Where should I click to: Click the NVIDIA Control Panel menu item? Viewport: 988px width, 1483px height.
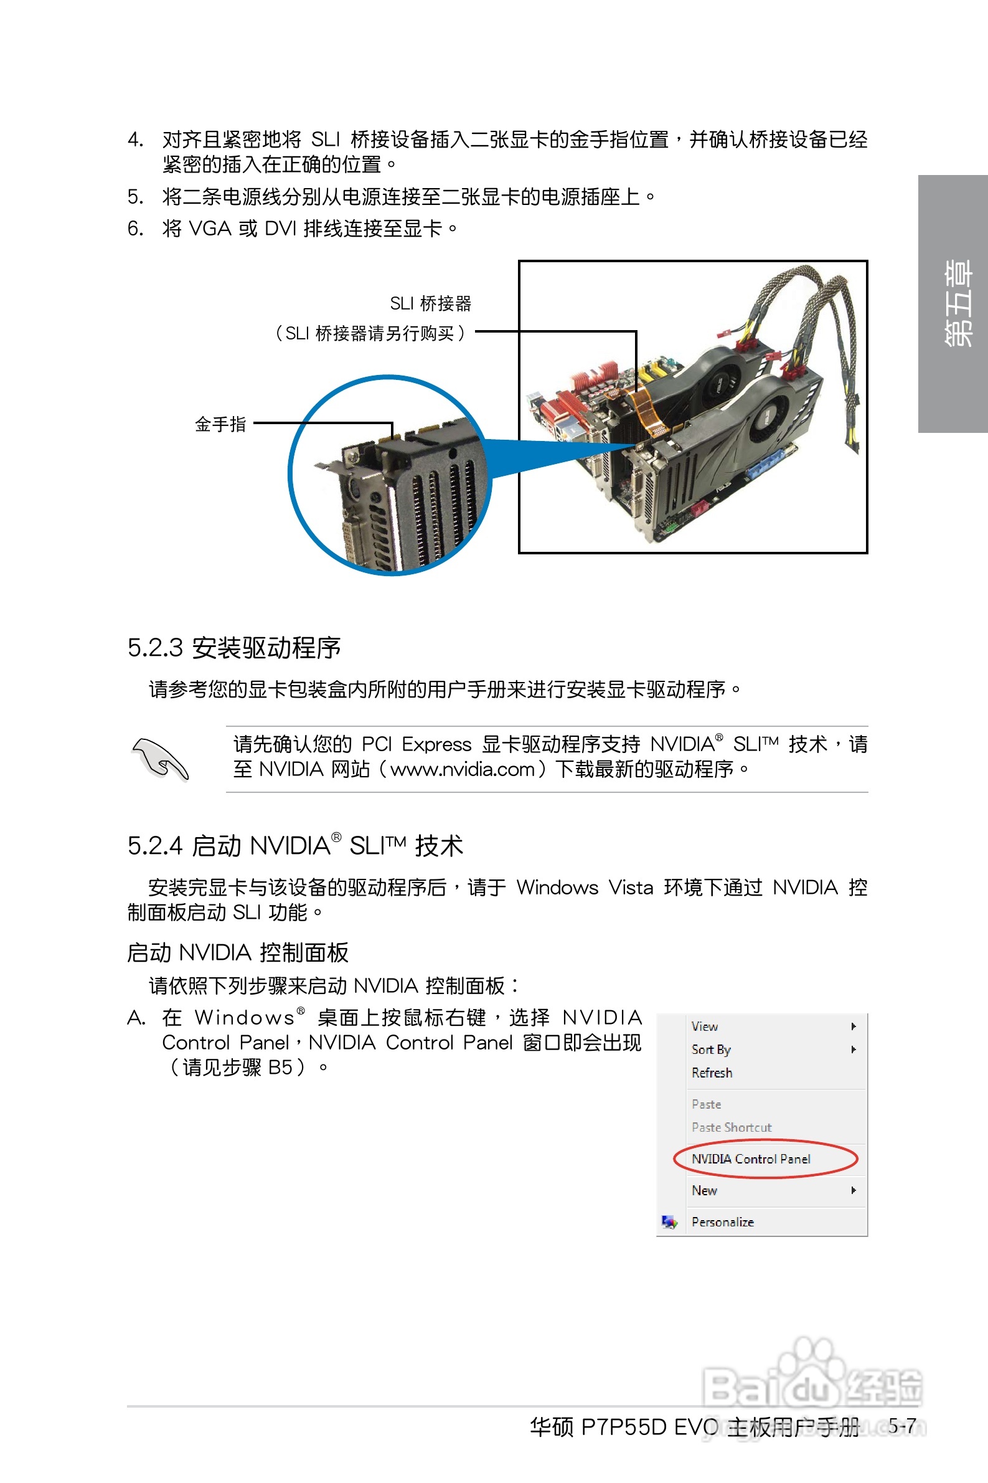coord(750,1158)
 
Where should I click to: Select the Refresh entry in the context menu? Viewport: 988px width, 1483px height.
coord(712,1073)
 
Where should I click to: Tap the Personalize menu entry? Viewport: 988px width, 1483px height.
coord(722,1222)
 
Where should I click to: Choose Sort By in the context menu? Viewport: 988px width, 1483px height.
coord(711,1049)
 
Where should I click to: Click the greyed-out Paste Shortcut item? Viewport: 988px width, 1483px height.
coord(731,1127)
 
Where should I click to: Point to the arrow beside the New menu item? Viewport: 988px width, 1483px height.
coord(853,1190)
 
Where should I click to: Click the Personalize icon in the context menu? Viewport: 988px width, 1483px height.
coord(669,1222)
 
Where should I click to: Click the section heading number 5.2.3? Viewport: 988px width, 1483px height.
coord(155,648)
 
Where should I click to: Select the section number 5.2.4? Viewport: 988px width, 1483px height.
coord(155,846)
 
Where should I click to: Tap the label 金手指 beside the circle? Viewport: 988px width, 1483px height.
coord(220,424)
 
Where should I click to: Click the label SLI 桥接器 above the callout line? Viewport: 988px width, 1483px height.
coord(430,304)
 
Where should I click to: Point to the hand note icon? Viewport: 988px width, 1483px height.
coord(160,758)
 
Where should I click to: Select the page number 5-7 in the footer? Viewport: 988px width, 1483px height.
coord(902,1426)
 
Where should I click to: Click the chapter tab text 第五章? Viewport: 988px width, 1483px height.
coord(957,303)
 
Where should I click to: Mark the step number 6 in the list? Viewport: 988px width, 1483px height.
coord(134,228)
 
